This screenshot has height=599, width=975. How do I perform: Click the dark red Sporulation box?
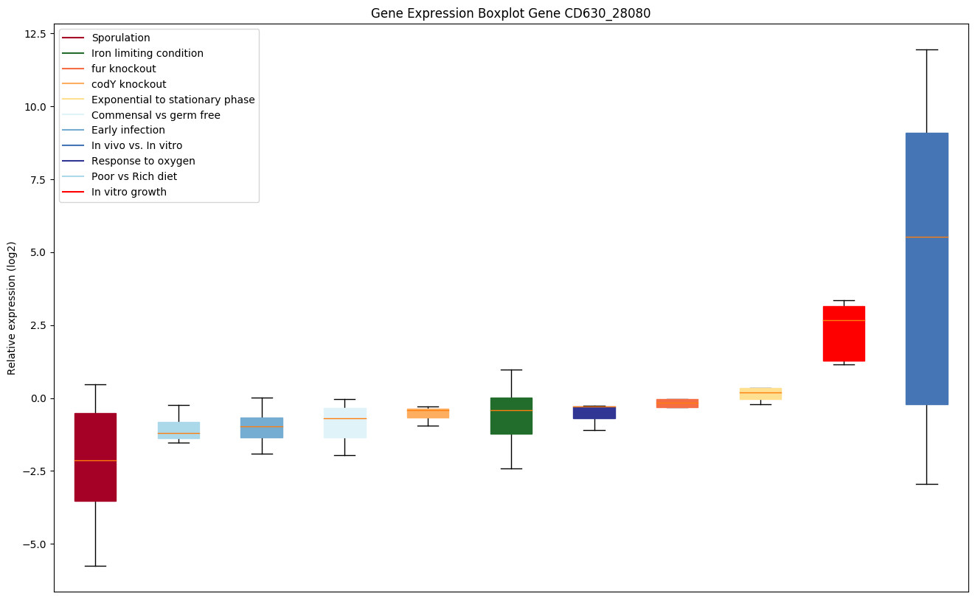pos(95,457)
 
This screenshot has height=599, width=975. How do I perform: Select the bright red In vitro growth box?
pos(844,333)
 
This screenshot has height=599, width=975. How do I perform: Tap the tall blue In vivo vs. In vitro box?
pos(926,269)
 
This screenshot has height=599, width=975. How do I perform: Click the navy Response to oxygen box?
pos(594,412)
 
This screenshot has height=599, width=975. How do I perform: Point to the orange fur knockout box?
pos(677,403)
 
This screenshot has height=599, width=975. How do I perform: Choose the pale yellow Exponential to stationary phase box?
pos(760,394)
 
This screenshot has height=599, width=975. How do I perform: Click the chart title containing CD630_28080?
pos(510,13)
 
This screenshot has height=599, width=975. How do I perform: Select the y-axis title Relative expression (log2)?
pos(12,308)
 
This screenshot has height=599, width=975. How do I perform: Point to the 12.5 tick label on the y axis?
pos(33,34)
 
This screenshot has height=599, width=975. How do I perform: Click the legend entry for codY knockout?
pos(128,84)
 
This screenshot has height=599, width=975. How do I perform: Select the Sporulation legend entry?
pos(120,38)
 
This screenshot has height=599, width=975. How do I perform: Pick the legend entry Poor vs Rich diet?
pos(133,176)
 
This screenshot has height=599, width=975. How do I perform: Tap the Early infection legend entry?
pos(128,130)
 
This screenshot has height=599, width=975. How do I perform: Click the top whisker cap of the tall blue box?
pos(926,49)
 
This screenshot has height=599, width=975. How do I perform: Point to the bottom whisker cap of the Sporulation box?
pos(95,566)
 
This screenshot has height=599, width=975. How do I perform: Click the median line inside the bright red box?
pos(844,320)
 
